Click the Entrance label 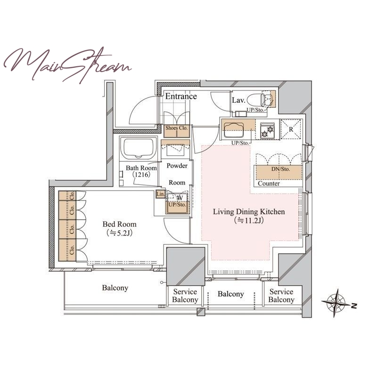point(181,96)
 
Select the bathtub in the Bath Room point(139,148)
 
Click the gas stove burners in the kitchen point(267,131)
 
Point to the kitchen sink point(233,130)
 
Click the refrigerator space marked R point(291,129)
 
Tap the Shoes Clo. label point(176,128)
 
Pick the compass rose point(336,303)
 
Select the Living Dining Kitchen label point(249,212)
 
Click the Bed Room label point(120,224)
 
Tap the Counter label point(269,184)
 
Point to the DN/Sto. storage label point(280,169)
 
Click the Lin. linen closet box point(160,194)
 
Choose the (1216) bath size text point(141,175)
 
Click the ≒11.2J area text point(249,220)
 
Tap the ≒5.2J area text point(120,233)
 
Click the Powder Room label point(177,174)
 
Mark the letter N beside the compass point(354,306)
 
